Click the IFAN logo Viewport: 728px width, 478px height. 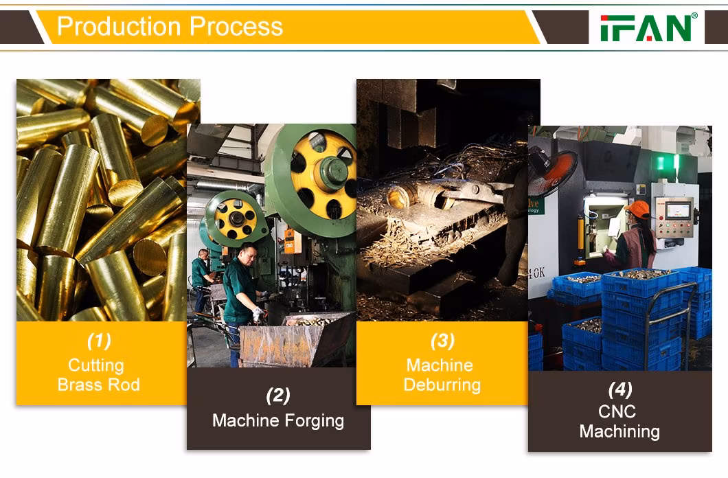(648, 27)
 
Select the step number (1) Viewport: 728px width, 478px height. (99, 341)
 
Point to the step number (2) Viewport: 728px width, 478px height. (278, 396)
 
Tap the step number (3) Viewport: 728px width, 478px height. (442, 341)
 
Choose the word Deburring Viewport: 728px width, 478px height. (442, 385)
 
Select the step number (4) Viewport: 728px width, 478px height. (620, 390)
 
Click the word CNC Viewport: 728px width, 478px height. (617, 411)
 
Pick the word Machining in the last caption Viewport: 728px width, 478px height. (619, 432)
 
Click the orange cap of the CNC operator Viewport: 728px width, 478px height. (637, 209)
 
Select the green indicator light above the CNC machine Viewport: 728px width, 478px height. (661, 163)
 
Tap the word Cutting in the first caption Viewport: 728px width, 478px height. (96, 365)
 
